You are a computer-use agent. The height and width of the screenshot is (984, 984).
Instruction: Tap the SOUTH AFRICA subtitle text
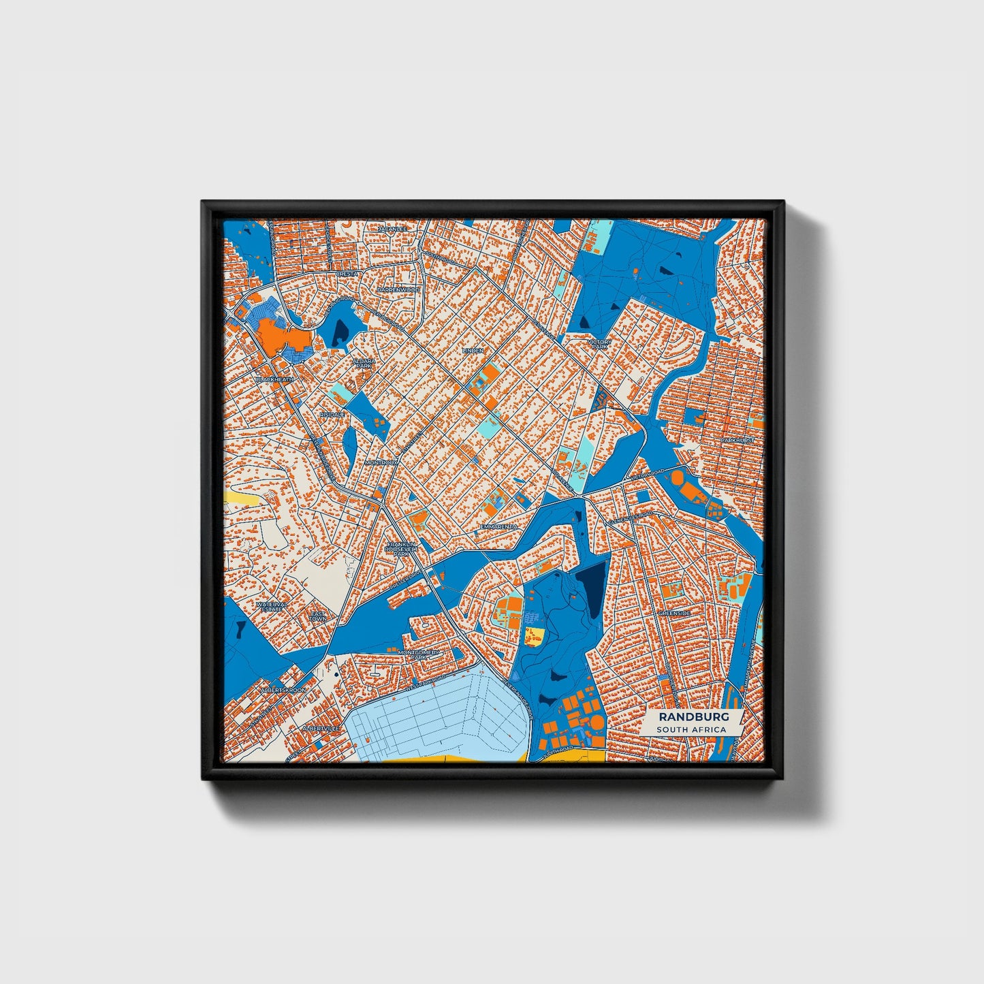tap(691, 729)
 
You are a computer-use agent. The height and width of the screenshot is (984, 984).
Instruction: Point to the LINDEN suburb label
tap(473, 351)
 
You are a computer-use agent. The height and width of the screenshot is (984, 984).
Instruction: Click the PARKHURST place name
tap(738, 441)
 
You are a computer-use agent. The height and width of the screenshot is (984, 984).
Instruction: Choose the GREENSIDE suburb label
tap(674, 613)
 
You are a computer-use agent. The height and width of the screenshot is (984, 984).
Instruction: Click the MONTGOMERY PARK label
tap(419, 654)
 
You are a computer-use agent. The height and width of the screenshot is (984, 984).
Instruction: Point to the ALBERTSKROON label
tap(283, 690)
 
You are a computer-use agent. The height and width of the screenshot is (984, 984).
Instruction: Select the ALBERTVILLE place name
tap(320, 728)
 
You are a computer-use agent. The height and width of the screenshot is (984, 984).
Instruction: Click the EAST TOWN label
tap(318, 616)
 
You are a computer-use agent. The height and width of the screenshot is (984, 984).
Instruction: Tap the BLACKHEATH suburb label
tap(275, 379)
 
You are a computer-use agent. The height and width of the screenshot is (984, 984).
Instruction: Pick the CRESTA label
tap(347, 274)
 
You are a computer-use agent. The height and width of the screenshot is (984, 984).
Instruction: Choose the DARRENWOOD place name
tap(399, 289)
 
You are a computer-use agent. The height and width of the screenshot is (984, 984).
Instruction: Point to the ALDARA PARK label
tap(364, 363)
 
